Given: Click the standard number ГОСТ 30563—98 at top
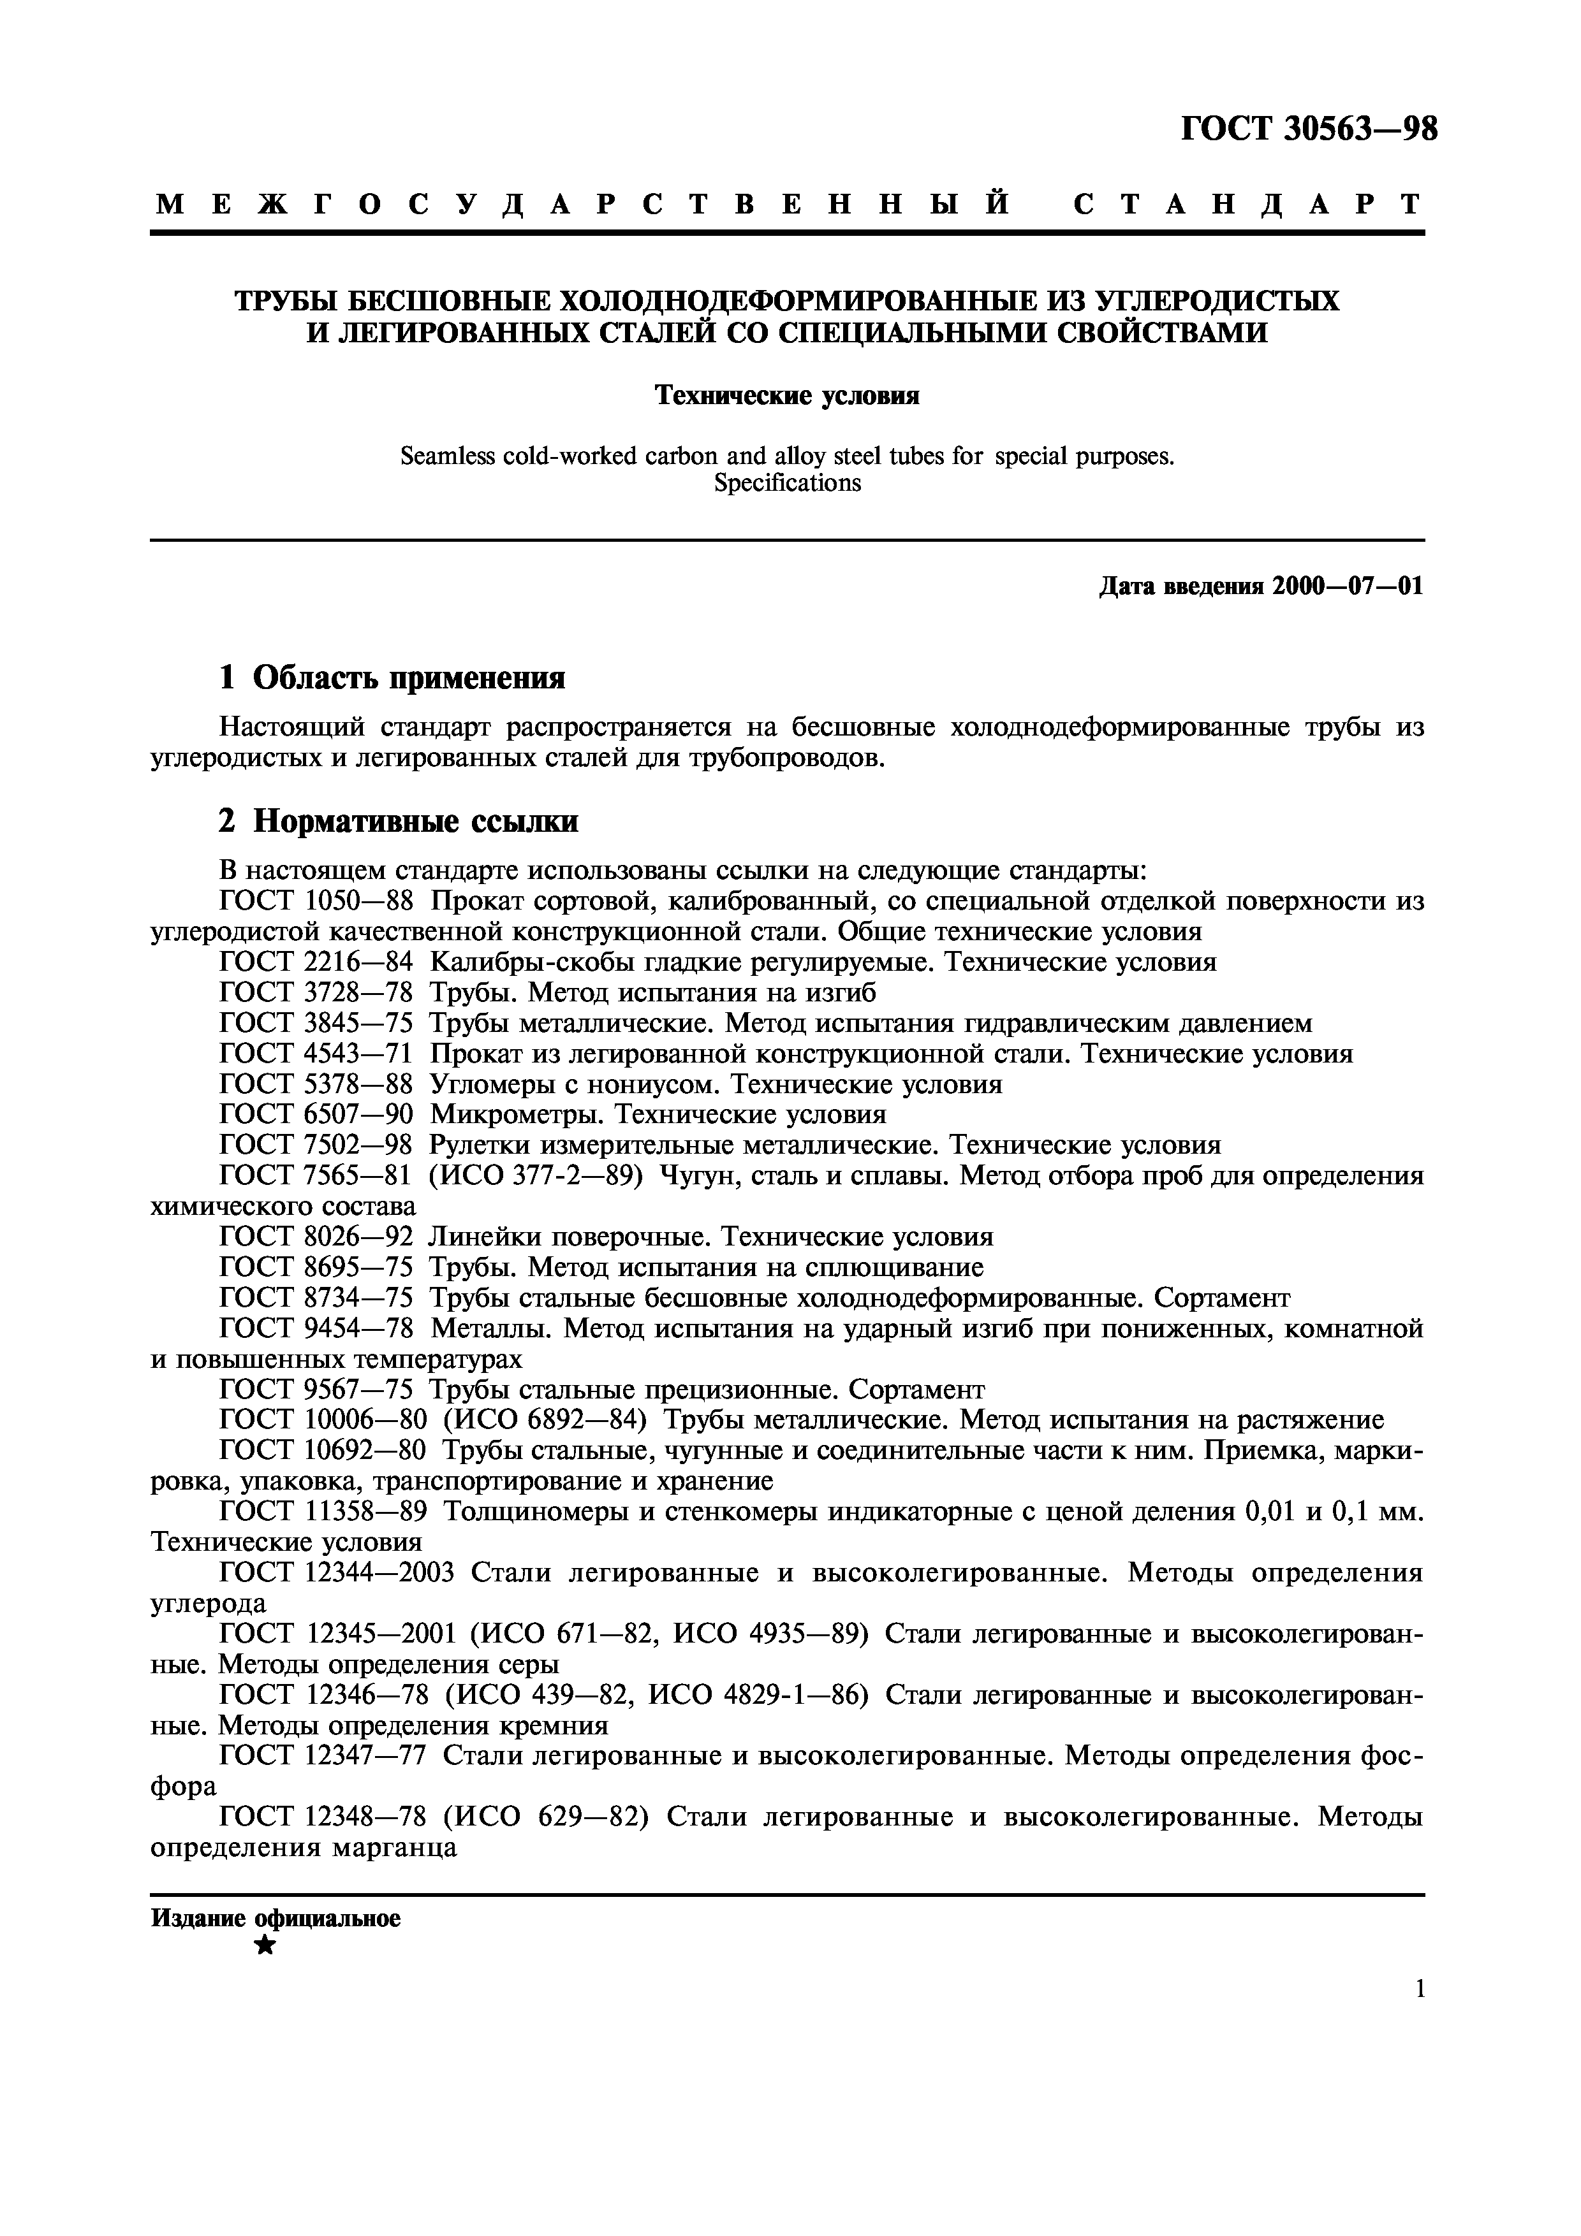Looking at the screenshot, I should coord(1308,129).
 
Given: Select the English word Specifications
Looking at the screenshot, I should coord(787,483).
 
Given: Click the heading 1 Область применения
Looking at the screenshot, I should coord(392,677).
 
